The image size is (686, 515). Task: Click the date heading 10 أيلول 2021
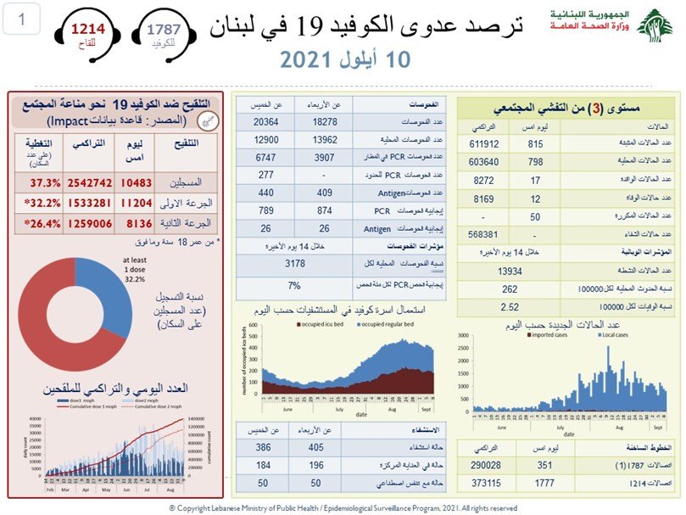pos(339,59)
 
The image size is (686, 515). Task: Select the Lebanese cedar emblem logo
pos(655,25)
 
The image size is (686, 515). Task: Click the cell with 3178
pos(293,263)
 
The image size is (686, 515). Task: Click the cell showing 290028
pos(489,465)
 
